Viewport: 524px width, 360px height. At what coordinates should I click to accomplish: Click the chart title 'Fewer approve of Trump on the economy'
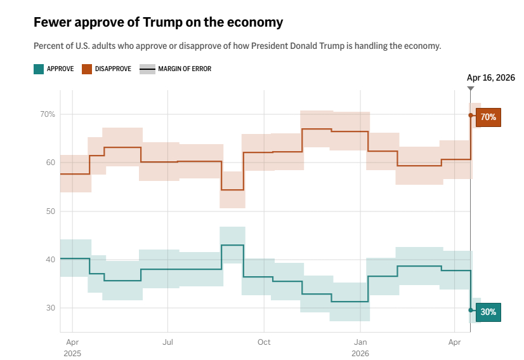click(x=158, y=22)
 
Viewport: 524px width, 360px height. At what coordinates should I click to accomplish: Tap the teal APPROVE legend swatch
click(x=39, y=69)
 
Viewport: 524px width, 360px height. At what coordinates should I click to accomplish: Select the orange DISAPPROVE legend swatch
click(x=87, y=69)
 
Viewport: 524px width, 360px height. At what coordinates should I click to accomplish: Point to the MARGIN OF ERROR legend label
click(x=185, y=69)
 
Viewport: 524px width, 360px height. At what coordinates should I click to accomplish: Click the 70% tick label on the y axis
click(x=48, y=114)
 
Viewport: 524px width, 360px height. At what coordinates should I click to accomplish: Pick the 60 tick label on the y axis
click(x=50, y=163)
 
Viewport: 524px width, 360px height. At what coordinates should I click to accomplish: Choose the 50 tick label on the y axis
click(x=50, y=211)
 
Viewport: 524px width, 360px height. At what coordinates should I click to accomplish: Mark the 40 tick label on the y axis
click(x=50, y=259)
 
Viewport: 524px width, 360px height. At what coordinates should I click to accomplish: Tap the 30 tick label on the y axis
click(x=50, y=308)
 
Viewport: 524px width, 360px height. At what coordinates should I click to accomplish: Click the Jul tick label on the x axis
click(x=167, y=342)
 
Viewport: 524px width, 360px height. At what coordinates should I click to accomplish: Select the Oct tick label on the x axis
click(x=264, y=342)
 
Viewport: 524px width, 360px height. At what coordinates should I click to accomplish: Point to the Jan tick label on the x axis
click(x=360, y=342)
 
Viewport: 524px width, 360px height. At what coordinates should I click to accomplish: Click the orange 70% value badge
click(x=488, y=117)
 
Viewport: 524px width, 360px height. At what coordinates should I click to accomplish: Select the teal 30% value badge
click(x=488, y=312)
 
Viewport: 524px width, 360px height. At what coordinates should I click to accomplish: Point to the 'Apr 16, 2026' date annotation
click(x=490, y=77)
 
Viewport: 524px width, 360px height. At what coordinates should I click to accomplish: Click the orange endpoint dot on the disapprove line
click(x=471, y=115)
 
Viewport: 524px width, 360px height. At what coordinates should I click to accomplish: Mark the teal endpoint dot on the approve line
click(x=471, y=310)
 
